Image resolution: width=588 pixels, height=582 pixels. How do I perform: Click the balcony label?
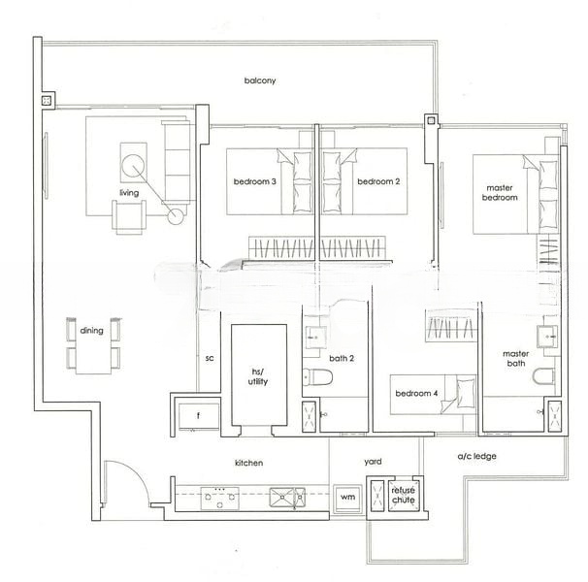point(260,81)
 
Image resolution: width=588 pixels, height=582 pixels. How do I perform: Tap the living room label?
point(129,193)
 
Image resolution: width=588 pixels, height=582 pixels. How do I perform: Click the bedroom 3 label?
point(253,181)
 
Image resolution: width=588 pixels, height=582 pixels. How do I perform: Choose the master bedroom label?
point(501,192)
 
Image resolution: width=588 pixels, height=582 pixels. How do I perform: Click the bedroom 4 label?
point(418,394)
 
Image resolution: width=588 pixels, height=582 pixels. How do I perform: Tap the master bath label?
point(515,359)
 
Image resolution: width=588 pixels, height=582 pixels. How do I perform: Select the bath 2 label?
point(342,358)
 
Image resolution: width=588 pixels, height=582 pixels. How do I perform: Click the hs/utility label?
point(258,377)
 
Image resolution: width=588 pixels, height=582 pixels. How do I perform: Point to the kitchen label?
point(249,464)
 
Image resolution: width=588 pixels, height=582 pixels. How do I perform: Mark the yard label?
point(372,463)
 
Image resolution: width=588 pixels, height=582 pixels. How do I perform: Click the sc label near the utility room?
point(209,358)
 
